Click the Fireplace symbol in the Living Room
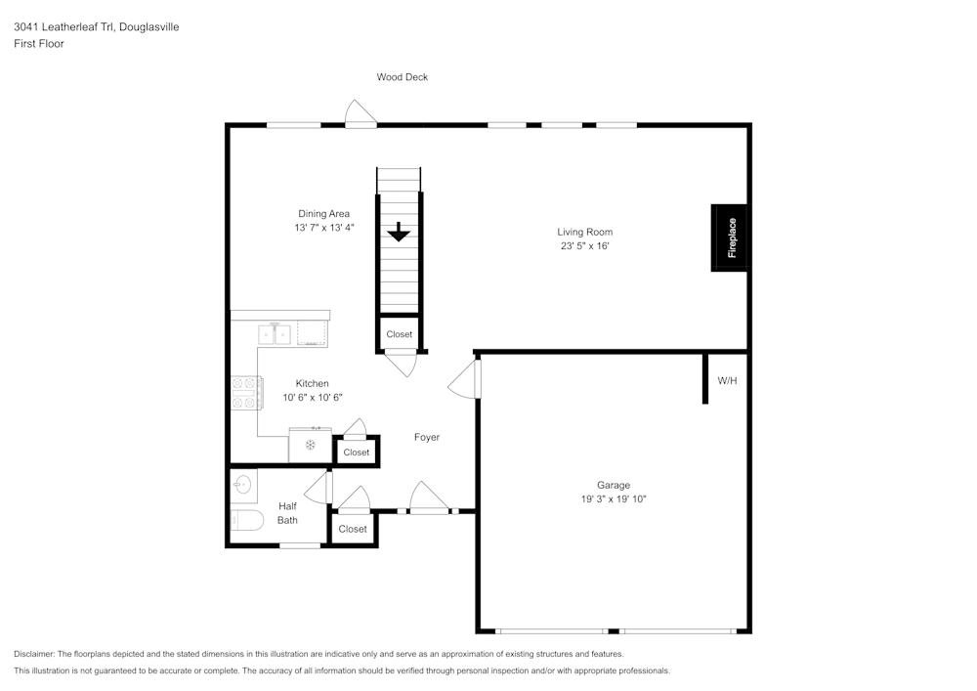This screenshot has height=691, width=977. coord(731,238)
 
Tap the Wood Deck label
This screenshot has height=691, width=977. coord(403,77)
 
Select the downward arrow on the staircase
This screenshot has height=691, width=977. coord(399,233)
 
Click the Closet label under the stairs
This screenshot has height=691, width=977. coord(400,334)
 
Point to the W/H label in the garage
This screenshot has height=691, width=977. coord(727,380)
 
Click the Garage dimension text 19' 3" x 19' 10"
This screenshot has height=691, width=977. coord(614,498)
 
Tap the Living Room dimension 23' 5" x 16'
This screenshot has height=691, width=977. coord(584,246)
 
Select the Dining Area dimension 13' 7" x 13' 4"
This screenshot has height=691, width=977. coord(323,228)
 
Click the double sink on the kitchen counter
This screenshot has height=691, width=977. coord(275,335)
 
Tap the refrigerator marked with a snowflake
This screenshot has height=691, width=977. coord(310,446)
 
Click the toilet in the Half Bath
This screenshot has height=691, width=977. coord(245,520)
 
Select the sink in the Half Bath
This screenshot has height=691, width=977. coord(242,483)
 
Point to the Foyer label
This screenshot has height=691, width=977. coord(427,437)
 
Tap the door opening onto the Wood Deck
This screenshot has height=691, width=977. coord(361,114)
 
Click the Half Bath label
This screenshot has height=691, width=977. coord(287,513)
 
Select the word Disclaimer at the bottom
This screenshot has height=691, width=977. coord(33,654)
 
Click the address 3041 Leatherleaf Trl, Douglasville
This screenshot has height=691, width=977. coord(96,27)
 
